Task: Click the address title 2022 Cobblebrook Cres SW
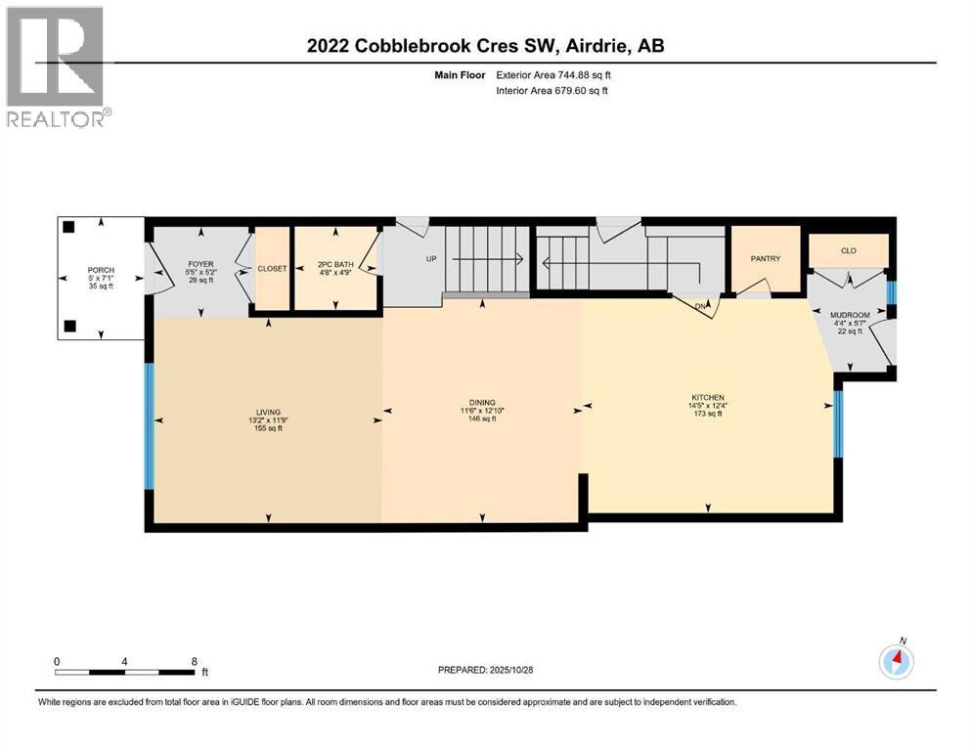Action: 484,46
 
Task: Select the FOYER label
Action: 200,264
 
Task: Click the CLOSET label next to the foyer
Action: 272,269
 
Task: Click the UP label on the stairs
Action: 429,260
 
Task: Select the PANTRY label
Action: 765,259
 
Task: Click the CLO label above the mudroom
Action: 848,251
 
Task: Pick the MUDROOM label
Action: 848,315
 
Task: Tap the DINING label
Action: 481,402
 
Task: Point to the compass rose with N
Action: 896,662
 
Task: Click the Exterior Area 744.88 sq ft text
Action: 559,74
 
